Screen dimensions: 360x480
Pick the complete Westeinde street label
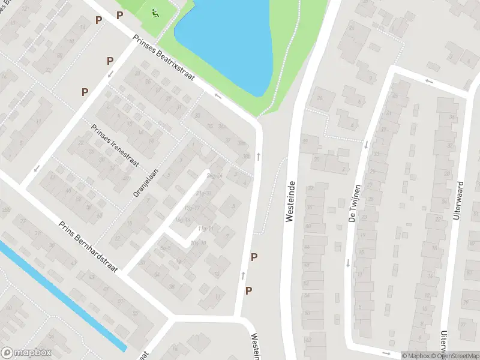pyautogui.click(x=291, y=202)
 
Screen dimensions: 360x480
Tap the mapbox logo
pyautogui.click(x=26, y=353)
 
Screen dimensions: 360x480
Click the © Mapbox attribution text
pyautogui.click(x=415, y=356)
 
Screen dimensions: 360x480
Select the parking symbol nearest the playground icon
pyautogui.click(x=120, y=16)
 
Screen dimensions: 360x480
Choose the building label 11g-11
pyautogui.click(x=206, y=229)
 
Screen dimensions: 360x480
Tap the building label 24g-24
pyautogui.click(x=215, y=176)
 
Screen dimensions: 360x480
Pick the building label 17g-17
pyautogui.click(x=193, y=208)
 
